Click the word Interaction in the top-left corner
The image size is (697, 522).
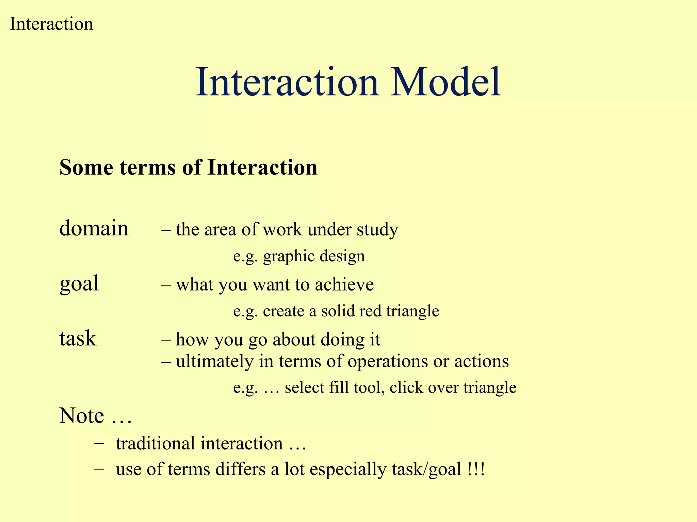pyautogui.click(x=51, y=24)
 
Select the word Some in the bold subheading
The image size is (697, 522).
pyautogui.click(x=86, y=168)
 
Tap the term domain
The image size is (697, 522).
pyautogui.click(x=94, y=228)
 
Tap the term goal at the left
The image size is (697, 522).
pyautogui.click(x=79, y=284)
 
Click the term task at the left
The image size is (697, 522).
pyautogui.click(x=78, y=338)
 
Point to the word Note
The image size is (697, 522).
pyautogui.click(x=82, y=416)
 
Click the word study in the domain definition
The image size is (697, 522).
pyautogui.click(x=377, y=230)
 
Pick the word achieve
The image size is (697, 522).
pyautogui.click(x=344, y=285)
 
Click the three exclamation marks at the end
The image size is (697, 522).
pyautogui.click(x=475, y=469)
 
